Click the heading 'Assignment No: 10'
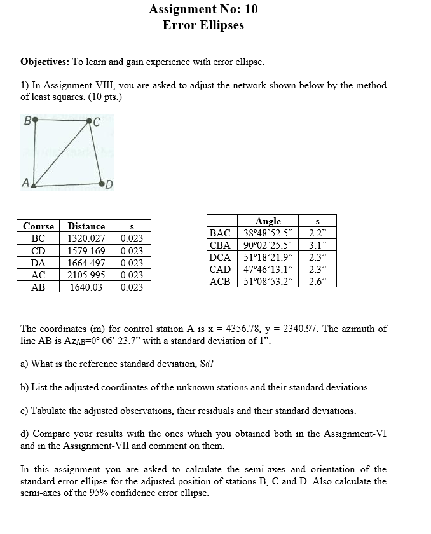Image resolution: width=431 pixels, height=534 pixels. click(x=203, y=9)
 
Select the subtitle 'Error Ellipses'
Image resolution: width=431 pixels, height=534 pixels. click(x=203, y=25)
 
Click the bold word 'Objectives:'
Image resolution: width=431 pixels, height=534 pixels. click(x=44, y=62)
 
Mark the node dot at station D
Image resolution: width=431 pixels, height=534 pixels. click(x=102, y=184)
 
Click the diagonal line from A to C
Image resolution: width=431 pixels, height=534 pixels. click(x=62, y=153)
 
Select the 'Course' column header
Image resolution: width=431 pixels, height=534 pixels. click(x=38, y=226)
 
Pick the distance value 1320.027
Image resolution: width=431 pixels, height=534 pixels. click(x=86, y=238)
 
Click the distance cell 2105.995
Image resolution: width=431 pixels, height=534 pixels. click(x=86, y=275)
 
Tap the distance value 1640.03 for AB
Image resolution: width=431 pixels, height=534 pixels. click(x=86, y=287)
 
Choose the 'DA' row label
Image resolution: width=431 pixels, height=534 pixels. click(x=38, y=263)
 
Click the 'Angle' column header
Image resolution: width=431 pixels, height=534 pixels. click(x=268, y=221)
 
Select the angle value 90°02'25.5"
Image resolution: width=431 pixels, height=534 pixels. click(x=270, y=245)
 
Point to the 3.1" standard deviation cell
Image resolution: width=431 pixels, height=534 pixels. click(x=317, y=245)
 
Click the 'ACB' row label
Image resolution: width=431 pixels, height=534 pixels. click(x=220, y=282)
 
